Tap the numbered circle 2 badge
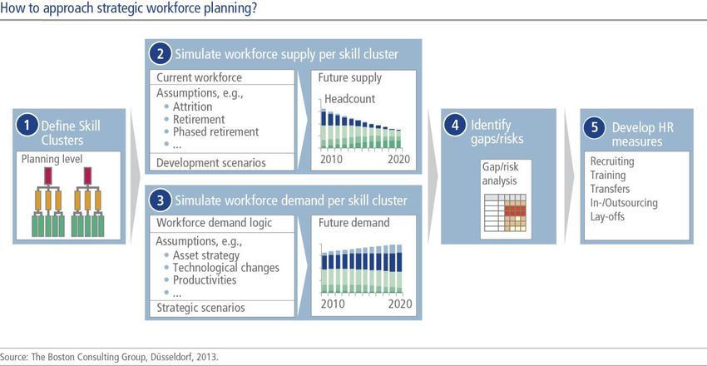click(160, 54)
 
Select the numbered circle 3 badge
click(160, 200)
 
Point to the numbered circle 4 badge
click(454, 126)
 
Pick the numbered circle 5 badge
click(594, 127)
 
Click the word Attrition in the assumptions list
click(192, 106)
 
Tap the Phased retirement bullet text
click(216, 131)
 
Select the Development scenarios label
click(211, 163)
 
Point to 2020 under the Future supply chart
click(398, 159)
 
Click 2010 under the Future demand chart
click(333, 304)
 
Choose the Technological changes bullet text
click(226, 268)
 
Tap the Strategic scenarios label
click(200, 308)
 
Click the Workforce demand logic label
click(214, 223)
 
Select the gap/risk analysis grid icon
click(505, 213)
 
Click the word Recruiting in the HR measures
click(612, 161)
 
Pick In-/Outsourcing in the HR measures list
click(624, 203)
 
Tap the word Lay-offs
click(607, 216)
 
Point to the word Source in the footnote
click(14, 357)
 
